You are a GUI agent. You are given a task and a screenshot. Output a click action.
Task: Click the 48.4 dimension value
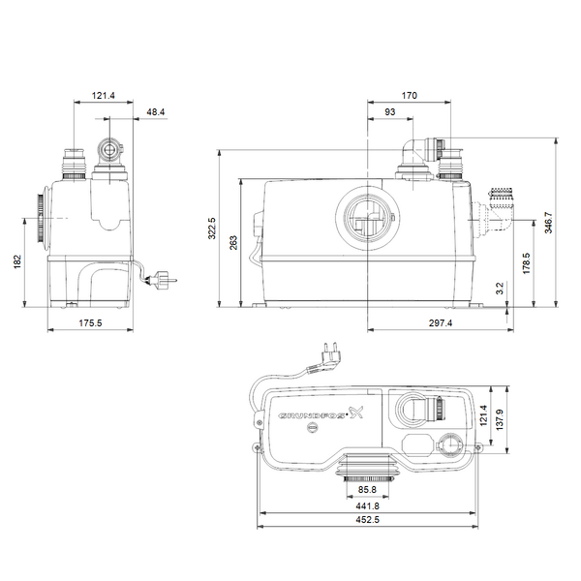click(x=155, y=112)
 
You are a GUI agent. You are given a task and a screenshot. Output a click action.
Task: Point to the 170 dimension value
click(x=411, y=96)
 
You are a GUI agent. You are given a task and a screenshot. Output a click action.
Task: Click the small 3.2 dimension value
click(x=527, y=287)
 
